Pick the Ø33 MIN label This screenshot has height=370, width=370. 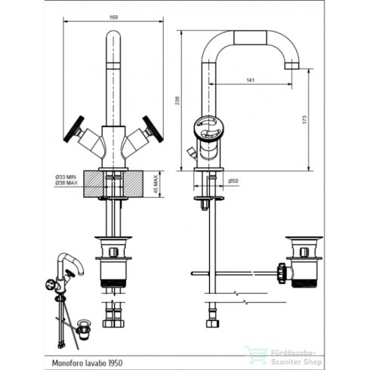[x=66, y=176]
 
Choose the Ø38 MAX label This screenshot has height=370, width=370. [x=66, y=182]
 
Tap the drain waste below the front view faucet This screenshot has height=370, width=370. [x=113, y=264]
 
